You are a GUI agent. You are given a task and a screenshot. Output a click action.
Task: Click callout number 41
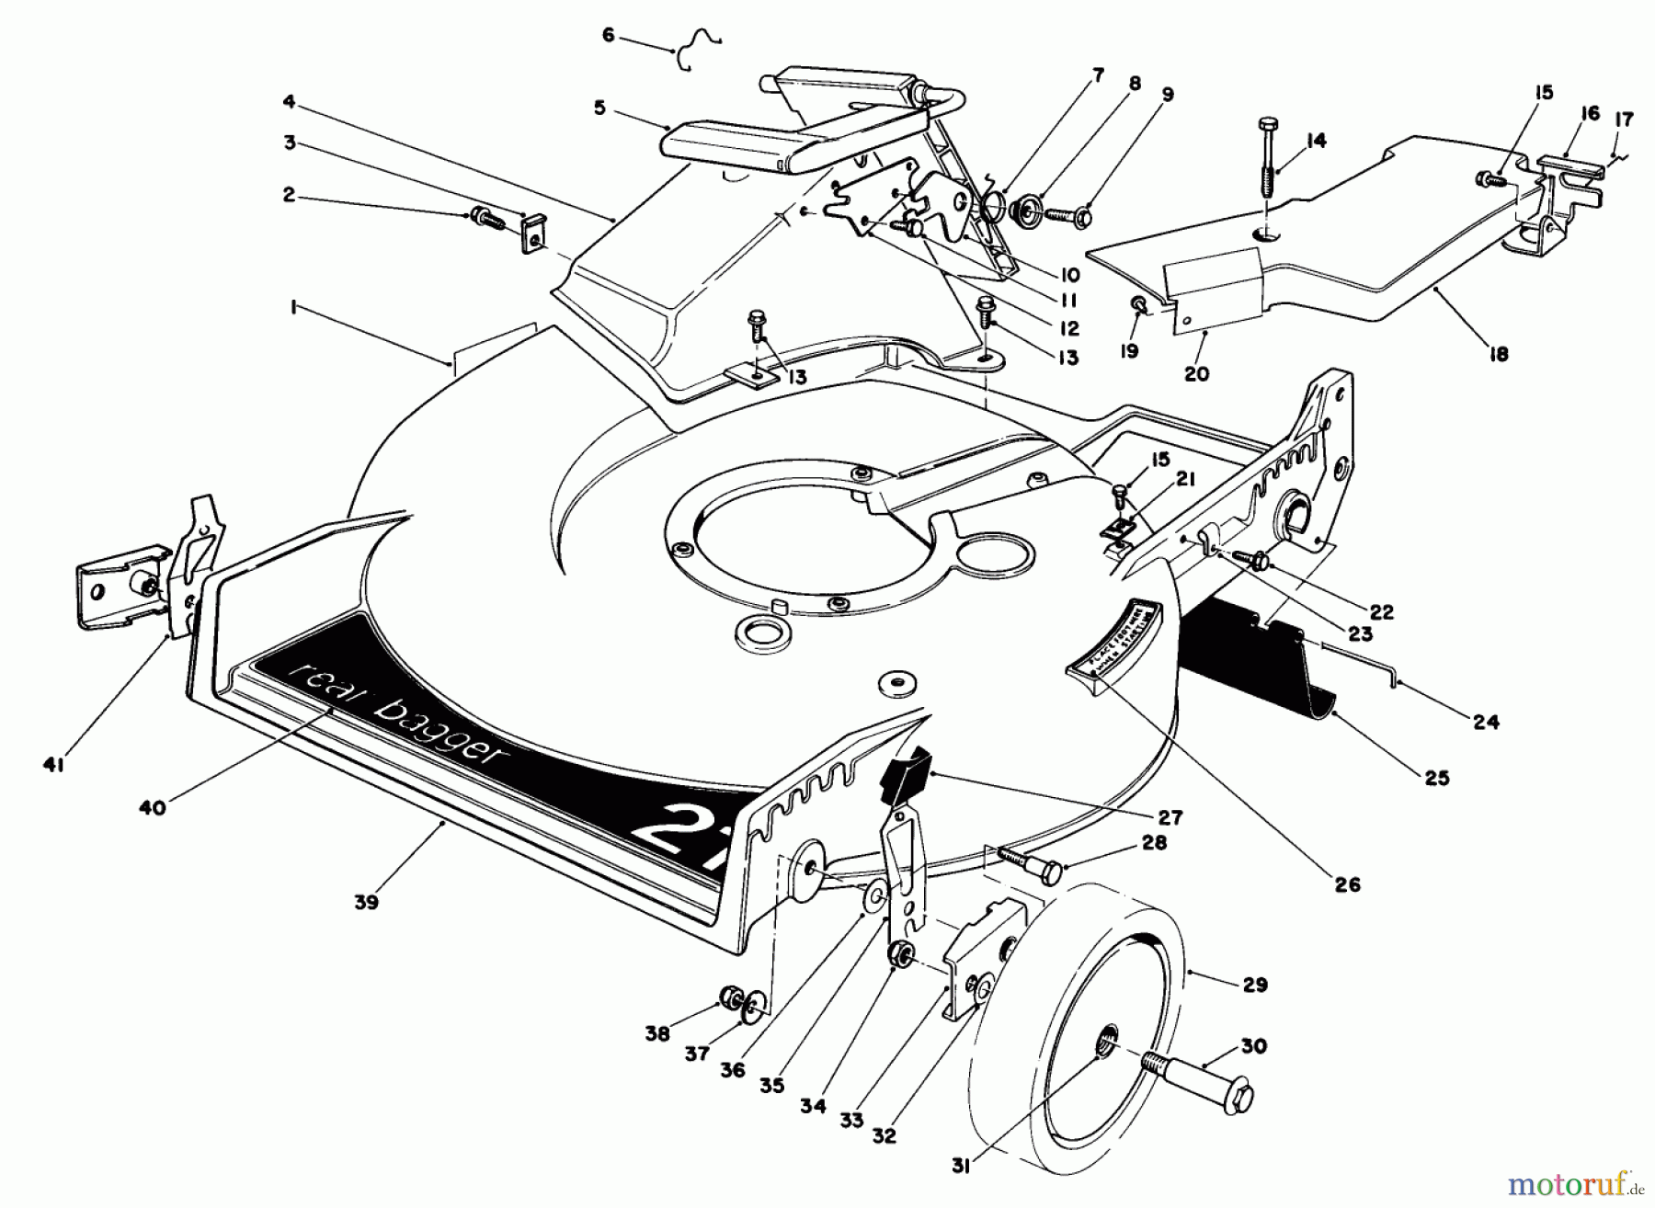[x=53, y=765]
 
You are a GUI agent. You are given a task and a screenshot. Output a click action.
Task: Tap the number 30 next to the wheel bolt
[x=1253, y=1046]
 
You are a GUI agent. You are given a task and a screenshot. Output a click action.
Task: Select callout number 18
[x=1499, y=353]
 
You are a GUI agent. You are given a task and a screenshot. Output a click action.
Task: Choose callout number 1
[x=293, y=310]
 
